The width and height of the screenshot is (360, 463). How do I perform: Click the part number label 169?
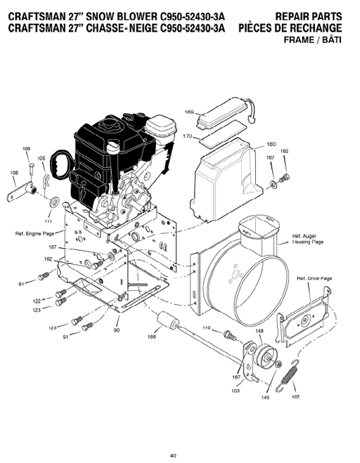point(188,112)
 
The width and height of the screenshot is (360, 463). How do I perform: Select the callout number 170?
point(187,136)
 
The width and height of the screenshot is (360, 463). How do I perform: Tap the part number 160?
point(271,145)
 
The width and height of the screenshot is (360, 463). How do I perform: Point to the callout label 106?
point(27,148)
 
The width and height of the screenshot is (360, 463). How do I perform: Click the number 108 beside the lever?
point(14,172)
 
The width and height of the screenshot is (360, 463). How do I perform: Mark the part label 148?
point(259,332)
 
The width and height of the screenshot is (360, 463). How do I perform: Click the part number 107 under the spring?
point(294,396)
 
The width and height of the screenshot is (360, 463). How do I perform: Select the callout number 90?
point(116,330)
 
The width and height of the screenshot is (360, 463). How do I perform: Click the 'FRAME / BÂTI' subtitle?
point(316,40)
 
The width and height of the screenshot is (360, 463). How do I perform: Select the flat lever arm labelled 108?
point(21,187)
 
